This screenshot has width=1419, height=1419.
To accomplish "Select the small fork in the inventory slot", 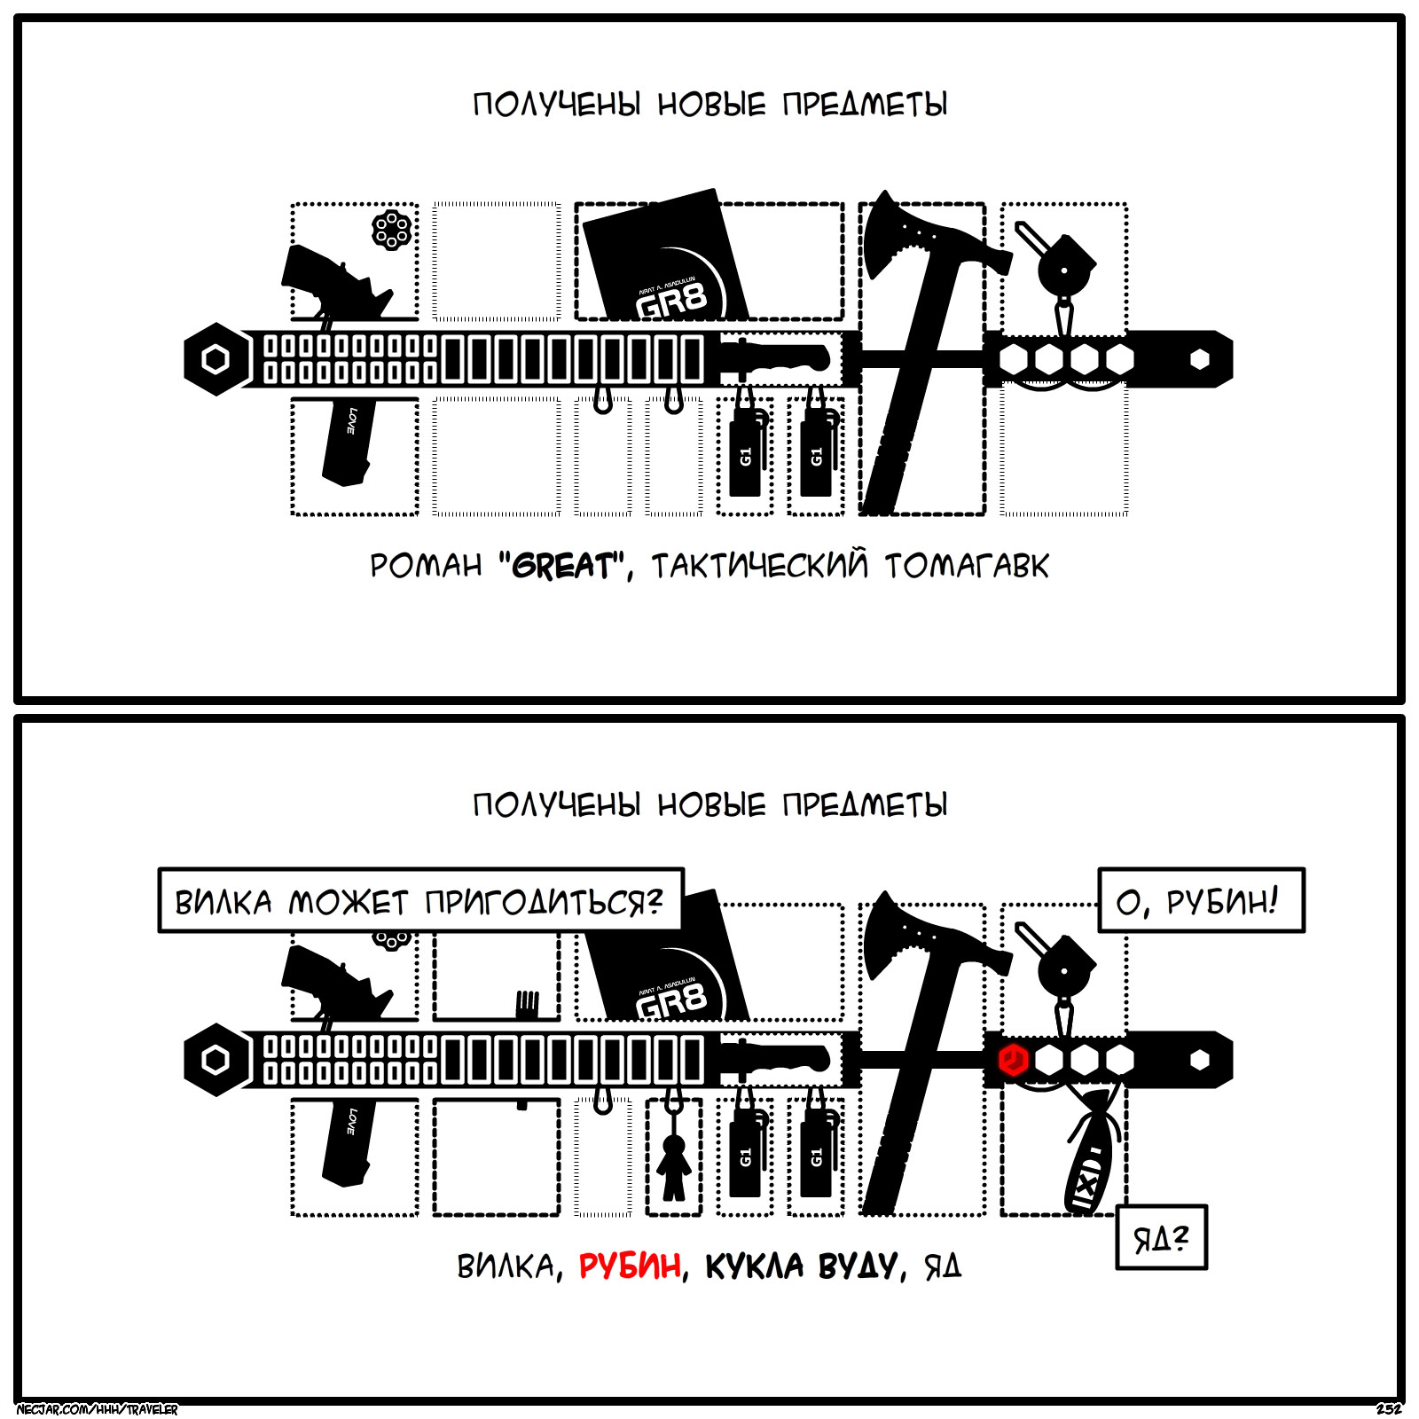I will (x=527, y=1004).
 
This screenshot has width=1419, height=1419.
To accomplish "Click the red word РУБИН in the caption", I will (x=630, y=1266).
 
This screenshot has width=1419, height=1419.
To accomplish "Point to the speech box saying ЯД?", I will (x=1161, y=1237).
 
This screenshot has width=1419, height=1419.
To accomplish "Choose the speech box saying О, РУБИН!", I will (x=1201, y=901).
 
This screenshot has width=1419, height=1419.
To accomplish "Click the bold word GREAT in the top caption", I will (x=562, y=566).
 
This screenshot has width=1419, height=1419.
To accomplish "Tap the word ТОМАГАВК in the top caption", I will (x=967, y=566).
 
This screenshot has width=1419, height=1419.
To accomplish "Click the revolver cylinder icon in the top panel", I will (x=392, y=230).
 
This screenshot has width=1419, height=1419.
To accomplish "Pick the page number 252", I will (x=1389, y=1409).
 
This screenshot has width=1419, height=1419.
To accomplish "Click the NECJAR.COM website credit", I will (x=98, y=1409).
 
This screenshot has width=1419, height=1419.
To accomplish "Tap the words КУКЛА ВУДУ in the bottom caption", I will (x=800, y=1266).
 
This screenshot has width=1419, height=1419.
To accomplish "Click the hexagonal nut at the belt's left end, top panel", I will (x=216, y=359).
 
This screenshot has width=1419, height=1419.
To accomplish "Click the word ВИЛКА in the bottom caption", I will (x=506, y=1266).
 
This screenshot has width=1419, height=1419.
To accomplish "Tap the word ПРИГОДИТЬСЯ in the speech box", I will (x=543, y=902).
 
